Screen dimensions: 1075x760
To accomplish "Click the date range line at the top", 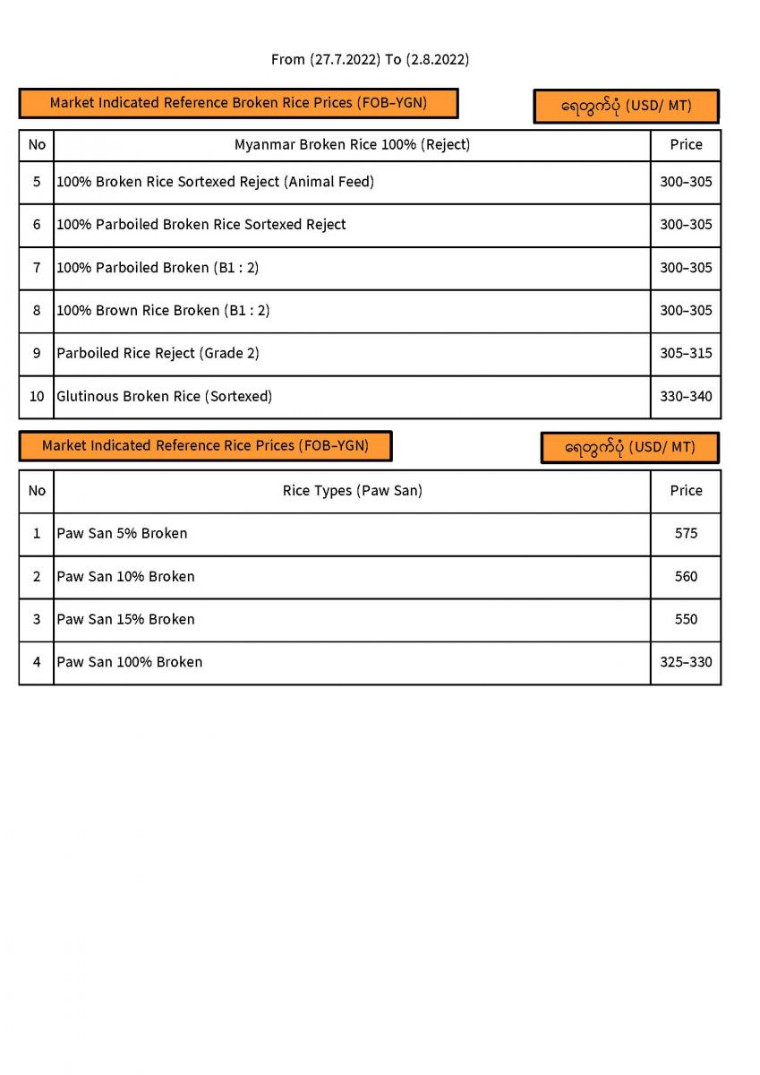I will (370, 60).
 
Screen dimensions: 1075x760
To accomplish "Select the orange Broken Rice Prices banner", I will (238, 103).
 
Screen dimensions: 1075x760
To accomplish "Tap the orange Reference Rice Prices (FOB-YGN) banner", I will (205, 445).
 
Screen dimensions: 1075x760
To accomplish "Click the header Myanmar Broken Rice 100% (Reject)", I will (352, 144).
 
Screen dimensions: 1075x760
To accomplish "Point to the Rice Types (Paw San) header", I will (352, 491).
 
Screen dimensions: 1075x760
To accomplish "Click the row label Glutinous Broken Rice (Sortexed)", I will (165, 396).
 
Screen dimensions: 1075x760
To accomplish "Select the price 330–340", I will (686, 396).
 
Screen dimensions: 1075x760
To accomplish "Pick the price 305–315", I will (686, 353).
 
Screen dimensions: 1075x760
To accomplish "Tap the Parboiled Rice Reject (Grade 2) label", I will (158, 353).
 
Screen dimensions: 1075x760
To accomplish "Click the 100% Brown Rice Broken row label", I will (163, 311).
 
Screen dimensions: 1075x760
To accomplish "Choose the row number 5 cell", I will (37, 182).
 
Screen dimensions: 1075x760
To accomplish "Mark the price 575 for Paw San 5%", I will (686, 534).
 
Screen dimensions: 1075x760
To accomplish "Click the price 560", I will (686, 577).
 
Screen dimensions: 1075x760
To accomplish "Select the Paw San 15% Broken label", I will (125, 620).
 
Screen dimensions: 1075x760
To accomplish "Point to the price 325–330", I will (686, 663).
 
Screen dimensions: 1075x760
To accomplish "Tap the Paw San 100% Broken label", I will (130, 663).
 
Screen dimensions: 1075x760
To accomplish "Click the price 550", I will (686, 620).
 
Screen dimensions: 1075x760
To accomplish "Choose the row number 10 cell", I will (37, 396).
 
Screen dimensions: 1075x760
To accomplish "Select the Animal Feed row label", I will (215, 182).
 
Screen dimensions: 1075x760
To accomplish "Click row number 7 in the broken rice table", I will (37, 268).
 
